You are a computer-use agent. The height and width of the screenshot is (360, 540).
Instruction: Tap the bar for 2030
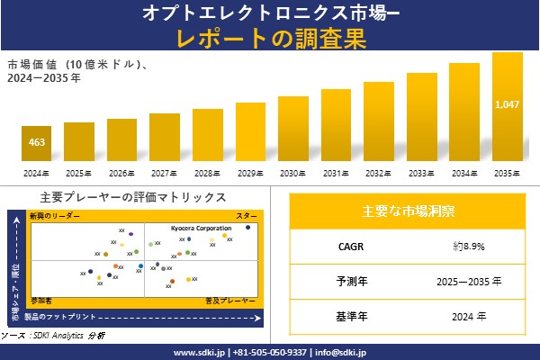(293, 128)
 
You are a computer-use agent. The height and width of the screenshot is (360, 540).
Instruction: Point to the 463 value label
(36, 143)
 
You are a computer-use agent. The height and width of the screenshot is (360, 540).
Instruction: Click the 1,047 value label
(508, 105)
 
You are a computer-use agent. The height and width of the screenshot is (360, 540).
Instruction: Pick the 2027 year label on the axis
(165, 173)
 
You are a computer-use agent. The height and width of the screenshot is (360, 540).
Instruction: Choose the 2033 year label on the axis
(422, 173)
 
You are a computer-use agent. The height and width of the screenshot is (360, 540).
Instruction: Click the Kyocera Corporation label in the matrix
(201, 229)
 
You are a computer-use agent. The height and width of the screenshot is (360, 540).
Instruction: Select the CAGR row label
(346, 246)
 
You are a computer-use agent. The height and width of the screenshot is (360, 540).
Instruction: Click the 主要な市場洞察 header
(408, 211)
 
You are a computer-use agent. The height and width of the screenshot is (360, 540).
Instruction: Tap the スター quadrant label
(247, 217)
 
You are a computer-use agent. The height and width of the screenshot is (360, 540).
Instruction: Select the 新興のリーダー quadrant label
(54, 217)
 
